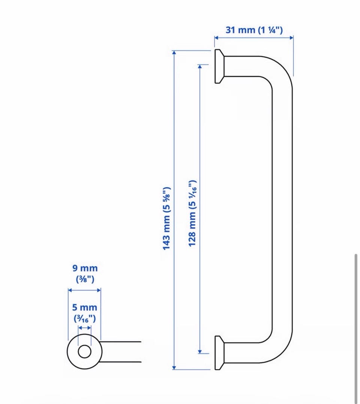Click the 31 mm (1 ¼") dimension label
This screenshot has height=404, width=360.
(254, 30)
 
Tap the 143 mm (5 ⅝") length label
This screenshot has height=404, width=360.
(166, 218)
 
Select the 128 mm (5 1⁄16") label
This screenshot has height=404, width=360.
(193, 213)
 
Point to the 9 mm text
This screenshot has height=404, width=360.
(85, 268)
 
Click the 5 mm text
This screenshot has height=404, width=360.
(85, 307)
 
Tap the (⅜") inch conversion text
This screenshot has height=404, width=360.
(85, 279)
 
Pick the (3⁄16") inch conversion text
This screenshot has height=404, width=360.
(85, 319)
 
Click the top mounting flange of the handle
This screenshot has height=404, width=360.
(219, 66)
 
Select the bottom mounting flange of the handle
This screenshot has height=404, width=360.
(219, 353)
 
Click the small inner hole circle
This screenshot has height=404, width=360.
(85, 352)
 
